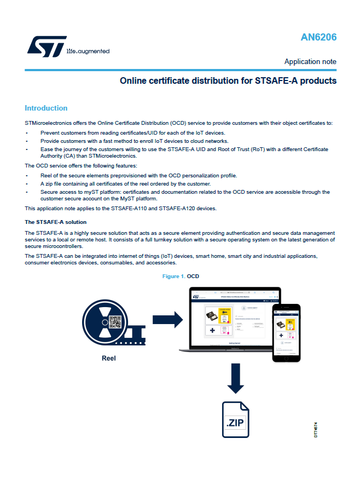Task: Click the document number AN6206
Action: pos(318,38)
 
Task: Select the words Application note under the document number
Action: pos(310,61)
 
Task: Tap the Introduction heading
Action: pos(46,108)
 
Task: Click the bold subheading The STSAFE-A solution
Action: pos(55,222)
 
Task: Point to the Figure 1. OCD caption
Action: pos(181,276)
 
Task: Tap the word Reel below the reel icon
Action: pos(109,359)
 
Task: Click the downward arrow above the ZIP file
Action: pos(236,382)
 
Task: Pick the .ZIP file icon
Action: pos(235,419)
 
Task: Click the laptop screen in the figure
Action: pos(231,320)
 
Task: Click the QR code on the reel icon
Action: pos(114,325)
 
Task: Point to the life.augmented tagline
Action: pos(88,51)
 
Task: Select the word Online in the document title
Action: pos(133,81)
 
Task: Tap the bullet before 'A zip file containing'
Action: pos(27,183)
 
